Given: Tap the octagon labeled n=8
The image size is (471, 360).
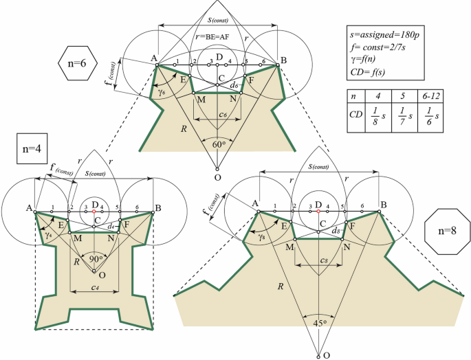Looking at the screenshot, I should [x=447, y=228].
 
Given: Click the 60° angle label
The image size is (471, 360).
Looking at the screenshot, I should [x=217, y=144].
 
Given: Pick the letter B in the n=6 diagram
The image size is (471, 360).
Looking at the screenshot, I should [x=282, y=60].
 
